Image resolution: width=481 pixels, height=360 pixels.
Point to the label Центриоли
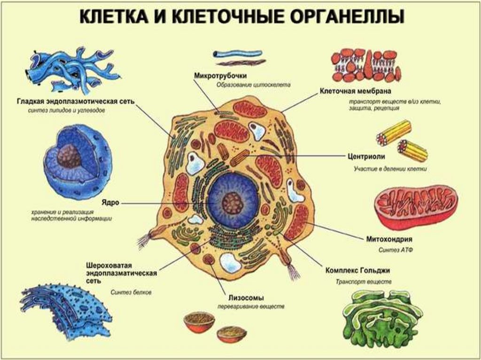[x=367, y=157]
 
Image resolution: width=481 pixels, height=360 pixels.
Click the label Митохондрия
[x=389, y=239]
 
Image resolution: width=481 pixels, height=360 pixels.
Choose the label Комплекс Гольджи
[x=357, y=271]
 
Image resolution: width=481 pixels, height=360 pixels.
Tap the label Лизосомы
[x=246, y=298]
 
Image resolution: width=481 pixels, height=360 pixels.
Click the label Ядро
[x=110, y=203]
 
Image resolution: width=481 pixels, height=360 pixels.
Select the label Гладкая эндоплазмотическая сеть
[x=76, y=101]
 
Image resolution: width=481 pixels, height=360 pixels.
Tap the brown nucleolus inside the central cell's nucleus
[x=233, y=202]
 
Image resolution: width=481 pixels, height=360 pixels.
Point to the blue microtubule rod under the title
[x=237, y=53]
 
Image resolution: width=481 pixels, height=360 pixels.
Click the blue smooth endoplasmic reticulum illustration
[x=73, y=70]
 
